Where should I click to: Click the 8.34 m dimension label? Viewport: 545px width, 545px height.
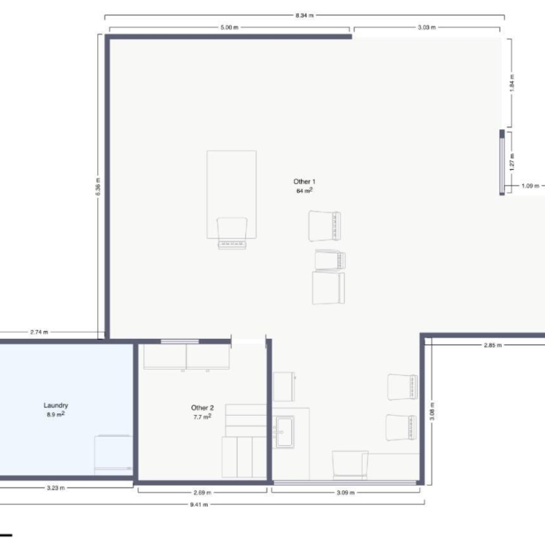point(304,15)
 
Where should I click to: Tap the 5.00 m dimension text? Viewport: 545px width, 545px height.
point(229,27)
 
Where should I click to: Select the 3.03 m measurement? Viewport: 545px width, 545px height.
point(426,27)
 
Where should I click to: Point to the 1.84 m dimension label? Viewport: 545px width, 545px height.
point(511,83)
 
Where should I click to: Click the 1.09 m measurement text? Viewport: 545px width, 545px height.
point(530,186)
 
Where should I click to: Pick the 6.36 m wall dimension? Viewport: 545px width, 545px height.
point(98,187)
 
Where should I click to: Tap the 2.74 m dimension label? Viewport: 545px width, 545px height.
point(39,332)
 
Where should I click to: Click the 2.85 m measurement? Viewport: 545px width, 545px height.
point(493,345)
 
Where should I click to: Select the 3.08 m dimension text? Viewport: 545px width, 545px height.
point(432,411)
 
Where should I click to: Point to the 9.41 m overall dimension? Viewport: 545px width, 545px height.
point(199,504)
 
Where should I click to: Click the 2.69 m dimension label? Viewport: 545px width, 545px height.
point(203,493)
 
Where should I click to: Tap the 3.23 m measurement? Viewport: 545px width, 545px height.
point(56,488)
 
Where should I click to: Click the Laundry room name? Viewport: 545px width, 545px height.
point(56,405)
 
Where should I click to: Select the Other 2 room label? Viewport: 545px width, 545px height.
point(203,408)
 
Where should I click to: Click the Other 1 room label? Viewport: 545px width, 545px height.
point(304,182)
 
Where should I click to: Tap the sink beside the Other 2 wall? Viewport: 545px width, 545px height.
point(284,432)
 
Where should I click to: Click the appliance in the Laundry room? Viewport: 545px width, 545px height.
point(113,455)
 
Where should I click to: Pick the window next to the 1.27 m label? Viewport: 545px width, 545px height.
point(502,162)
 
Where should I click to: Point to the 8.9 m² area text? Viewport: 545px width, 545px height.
point(56,414)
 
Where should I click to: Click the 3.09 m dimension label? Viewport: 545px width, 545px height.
point(345,493)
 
